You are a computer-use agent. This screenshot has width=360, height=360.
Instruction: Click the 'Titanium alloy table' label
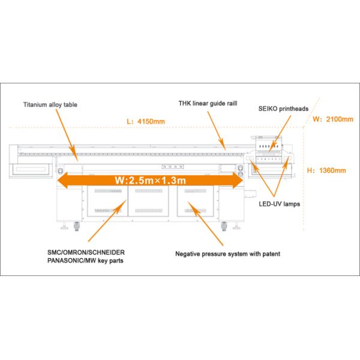(50, 104)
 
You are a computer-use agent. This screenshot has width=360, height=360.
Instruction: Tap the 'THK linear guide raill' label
(208, 103)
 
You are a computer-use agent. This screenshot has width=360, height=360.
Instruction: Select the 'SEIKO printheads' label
(283, 109)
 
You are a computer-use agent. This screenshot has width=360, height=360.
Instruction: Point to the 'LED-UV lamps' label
(280, 204)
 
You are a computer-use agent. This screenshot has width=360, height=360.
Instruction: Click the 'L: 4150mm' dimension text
(146, 121)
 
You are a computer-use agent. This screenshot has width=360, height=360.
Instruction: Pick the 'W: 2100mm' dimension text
(333, 119)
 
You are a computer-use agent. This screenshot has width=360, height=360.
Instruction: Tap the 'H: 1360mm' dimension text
(326, 170)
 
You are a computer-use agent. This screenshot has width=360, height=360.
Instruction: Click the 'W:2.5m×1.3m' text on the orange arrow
(150, 181)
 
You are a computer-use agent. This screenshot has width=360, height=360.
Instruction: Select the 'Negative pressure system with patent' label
(227, 254)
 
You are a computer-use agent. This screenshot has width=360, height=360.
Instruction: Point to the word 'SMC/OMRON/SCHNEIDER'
(86, 253)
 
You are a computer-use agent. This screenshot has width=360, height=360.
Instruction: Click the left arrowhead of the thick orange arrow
(62, 181)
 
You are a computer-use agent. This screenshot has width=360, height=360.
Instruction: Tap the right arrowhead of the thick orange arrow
(238, 181)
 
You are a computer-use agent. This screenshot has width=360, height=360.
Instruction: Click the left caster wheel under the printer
(76, 226)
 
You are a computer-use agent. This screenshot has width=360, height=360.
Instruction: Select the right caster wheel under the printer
(224, 226)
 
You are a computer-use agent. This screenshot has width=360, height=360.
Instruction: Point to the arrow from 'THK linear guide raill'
(216, 131)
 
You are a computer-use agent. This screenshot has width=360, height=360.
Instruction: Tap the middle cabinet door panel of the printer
(148, 201)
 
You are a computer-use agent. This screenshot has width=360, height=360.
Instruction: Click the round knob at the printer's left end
(61, 170)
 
